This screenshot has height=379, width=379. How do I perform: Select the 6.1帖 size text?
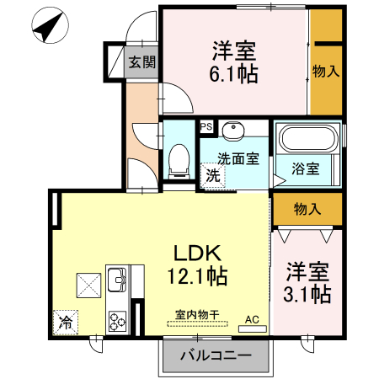(234, 74)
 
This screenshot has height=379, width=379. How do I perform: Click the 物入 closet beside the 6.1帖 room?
(326, 72)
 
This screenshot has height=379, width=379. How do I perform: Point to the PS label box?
(206, 128)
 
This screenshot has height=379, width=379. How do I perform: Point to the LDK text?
(197, 253)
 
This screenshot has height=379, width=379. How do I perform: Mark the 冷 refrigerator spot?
(65, 321)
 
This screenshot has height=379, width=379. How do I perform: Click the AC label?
(251, 319)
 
